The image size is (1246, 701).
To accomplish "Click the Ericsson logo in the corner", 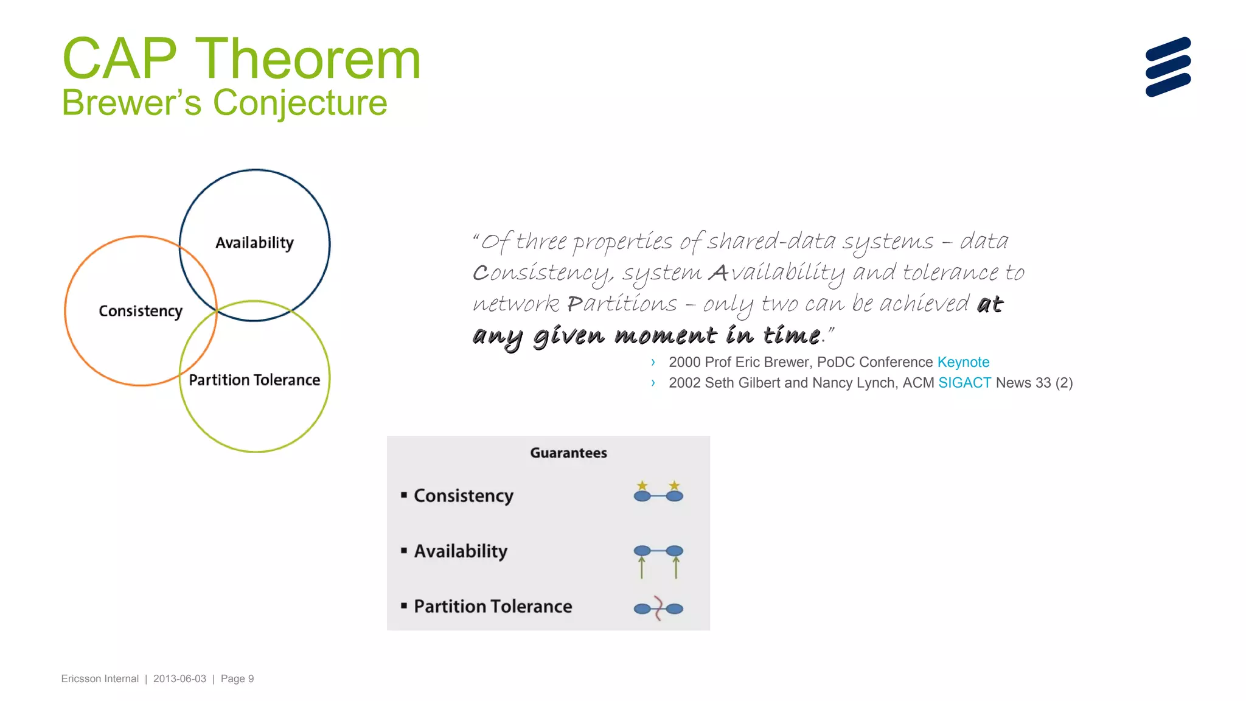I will [1168, 67].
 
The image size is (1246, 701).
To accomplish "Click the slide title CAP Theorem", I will [241, 59].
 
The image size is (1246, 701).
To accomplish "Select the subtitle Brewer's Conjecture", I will [224, 102].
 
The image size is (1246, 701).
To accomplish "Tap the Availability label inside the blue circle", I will [254, 243].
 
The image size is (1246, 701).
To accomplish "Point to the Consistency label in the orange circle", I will [141, 311].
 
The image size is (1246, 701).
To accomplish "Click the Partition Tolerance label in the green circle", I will [254, 380].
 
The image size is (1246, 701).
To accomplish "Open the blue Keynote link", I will [963, 362].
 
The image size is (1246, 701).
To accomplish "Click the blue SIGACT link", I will [964, 383].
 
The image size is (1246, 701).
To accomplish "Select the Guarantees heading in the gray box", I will [568, 453].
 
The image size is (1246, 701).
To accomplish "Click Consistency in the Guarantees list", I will [464, 496].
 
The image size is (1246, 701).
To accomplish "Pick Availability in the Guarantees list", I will [461, 551].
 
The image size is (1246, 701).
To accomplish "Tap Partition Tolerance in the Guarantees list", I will [493, 607].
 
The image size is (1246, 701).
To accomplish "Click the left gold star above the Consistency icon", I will [642, 486].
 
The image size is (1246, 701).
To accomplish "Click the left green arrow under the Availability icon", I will [642, 568].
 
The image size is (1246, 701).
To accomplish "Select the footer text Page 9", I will [237, 678].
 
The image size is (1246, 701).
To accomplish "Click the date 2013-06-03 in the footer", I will [179, 678].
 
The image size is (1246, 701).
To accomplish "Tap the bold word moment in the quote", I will [666, 335].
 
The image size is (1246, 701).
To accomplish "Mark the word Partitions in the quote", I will [622, 304].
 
